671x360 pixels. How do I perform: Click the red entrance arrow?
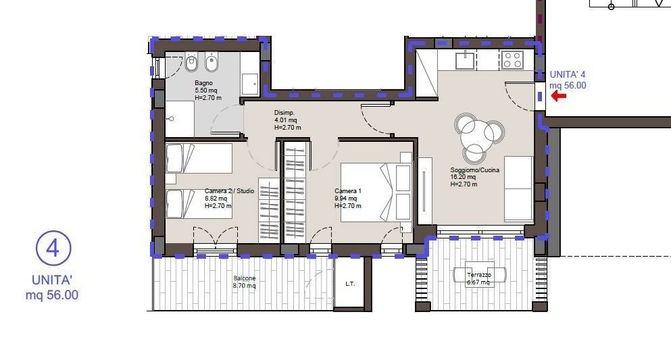tap(558, 96)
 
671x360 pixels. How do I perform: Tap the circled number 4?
tap(53, 248)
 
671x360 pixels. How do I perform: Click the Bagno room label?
tap(203, 83)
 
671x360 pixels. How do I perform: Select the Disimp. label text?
tap(284, 113)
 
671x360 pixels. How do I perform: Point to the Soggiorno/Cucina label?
tap(474, 170)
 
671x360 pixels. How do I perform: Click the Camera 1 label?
tap(348, 190)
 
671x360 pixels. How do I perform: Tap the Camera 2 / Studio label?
tap(229, 190)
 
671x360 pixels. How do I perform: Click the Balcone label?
tap(245, 278)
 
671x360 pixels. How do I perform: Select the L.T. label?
tap(350, 284)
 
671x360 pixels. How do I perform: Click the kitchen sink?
tap(465, 60)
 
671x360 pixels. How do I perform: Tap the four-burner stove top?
tap(512, 60)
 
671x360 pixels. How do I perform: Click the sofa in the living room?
tap(519, 188)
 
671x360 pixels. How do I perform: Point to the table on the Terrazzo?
tap(479, 274)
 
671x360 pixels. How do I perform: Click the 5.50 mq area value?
tap(206, 91)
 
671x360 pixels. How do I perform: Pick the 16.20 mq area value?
tap(463, 177)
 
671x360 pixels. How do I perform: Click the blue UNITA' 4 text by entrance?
tap(568, 74)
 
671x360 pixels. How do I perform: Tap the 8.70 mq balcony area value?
tap(245, 286)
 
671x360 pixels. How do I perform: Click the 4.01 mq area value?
tap(285, 120)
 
